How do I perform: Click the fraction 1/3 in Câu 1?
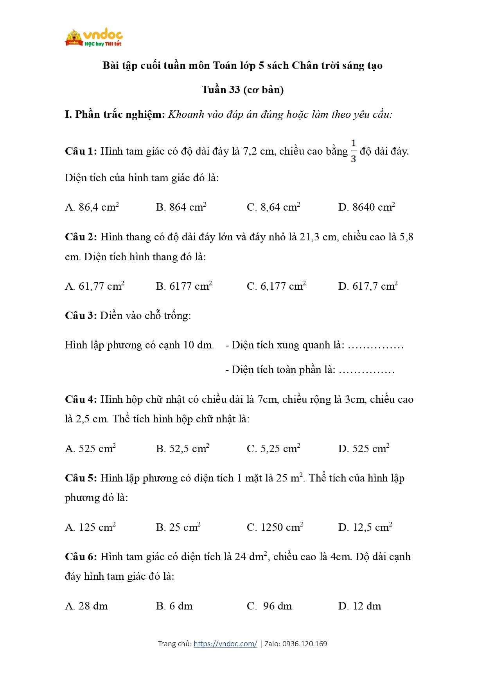click(353, 151)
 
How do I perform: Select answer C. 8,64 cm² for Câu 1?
click(273, 207)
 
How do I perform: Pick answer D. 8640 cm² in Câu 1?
click(366, 207)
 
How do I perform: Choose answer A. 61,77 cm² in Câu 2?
click(95, 286)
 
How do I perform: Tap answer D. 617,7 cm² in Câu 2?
click(368, 286)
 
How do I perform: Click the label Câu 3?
click(81, 316)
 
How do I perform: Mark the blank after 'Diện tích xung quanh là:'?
click(375, 346)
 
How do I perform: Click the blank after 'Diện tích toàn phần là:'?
click(366, 370)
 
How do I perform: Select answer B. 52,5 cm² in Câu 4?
click(182, 449)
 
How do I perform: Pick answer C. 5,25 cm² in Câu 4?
click(273, 449)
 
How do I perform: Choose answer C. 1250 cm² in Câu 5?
click(275, 527)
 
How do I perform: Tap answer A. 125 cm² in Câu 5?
click(90, 527)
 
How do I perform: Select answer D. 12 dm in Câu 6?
click(359, 606)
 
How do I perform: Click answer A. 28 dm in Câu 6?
click(86, 606)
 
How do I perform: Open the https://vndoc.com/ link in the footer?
click(225, 644)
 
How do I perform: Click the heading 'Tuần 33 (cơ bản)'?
click(242, 90)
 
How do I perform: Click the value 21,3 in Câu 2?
click(310, 237)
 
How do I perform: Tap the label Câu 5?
click(81, 478)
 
